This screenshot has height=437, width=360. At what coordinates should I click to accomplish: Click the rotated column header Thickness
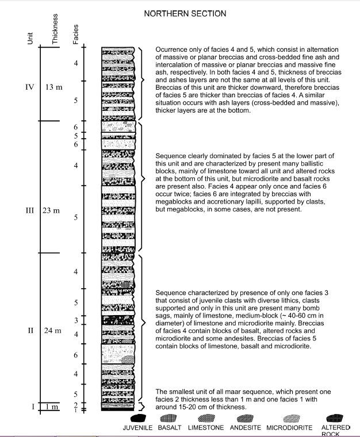click(x=55, y=28)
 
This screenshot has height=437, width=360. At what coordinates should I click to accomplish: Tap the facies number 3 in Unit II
click(x=76, y=320)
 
